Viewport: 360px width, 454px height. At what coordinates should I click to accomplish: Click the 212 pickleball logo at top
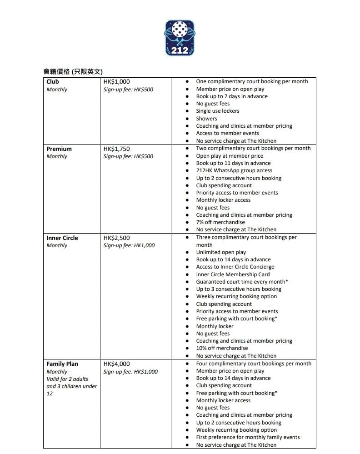(180, 38)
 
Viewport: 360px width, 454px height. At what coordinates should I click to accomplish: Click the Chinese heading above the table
(73, 71)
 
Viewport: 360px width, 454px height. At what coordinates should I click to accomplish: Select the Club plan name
(53, 82)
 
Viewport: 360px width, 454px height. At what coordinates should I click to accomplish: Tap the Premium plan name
(59, 149)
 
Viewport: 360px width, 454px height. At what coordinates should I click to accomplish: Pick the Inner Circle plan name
(62, 238)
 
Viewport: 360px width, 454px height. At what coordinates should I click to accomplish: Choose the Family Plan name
(62, 364)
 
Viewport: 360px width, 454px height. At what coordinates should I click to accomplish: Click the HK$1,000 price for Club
(117, 82)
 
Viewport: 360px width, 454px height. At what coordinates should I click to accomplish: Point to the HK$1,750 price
(117, 149)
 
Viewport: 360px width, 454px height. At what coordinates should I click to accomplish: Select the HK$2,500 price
(117, 238)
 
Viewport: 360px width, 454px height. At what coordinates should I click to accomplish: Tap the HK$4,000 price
(117, 364)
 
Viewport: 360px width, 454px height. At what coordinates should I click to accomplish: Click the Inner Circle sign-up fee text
(129, 245)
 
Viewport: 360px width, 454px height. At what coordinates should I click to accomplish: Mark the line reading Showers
(206, 119)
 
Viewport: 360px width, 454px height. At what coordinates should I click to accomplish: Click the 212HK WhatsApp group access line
(234, 170)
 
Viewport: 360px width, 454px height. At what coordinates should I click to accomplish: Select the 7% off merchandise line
(220, 222)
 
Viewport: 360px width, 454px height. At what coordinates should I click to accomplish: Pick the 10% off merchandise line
(222, 348)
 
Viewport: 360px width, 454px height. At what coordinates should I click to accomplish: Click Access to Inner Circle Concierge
(235, 267)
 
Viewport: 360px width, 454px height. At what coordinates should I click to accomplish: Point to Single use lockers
(218, 111)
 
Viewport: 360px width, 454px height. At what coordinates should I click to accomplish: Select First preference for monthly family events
(248, 437)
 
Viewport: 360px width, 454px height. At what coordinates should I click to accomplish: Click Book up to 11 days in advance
(233, 163)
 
